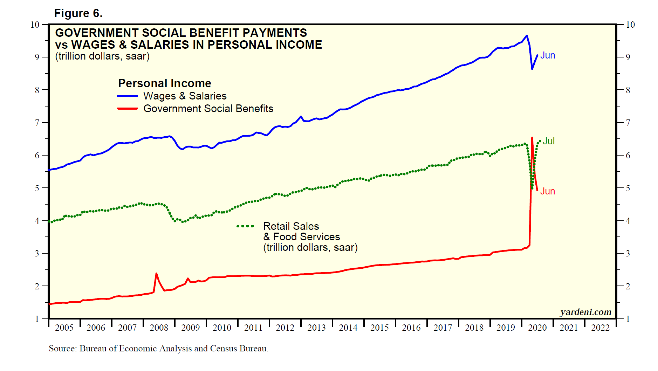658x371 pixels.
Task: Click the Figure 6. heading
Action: [x=78, y=13]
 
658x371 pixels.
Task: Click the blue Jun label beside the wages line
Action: [x=547, y=55]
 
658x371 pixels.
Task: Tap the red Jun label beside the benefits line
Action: [x=547, y=191]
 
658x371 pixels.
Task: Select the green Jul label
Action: [x=549, y=141]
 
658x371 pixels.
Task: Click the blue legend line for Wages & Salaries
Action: [x=128, y=96]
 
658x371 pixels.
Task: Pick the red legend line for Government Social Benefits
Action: [x=128, y=109]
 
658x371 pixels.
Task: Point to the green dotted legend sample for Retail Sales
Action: [x=245, y=226]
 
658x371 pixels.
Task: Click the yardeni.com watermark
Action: [x=585, y=312]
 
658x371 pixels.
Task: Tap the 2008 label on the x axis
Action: [x=159, y=328]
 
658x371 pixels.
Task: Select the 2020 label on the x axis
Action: [x=537, y=328]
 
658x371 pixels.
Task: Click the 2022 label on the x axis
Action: [x=601, y=328]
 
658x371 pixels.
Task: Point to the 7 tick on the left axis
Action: [x=37, y=123]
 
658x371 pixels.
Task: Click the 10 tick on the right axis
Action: [x=630, y=25]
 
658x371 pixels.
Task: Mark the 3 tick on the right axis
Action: [x=628, y=253]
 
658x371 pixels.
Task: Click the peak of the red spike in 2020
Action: [x=532, y=138]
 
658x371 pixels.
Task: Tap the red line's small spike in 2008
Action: [x=156, y=274]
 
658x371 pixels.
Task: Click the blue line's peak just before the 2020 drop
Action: [x=527, y=35]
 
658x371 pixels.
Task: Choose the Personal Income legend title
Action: [x=165, y=83]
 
